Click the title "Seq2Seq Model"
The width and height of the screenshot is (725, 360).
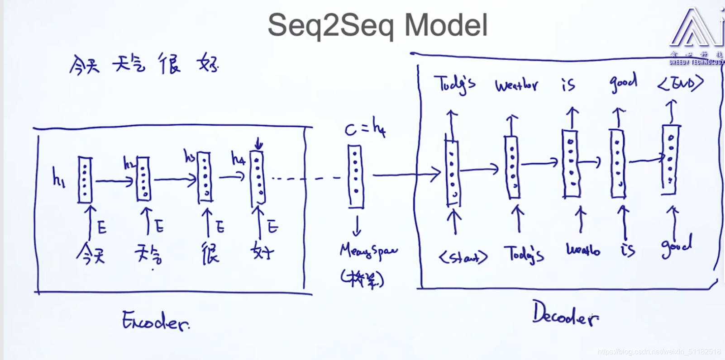[x=377, y=25]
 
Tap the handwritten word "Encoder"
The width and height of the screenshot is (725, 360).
[x=155, y=321]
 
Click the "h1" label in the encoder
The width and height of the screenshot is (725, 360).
[x=58, y=177]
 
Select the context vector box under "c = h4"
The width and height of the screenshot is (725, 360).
[x=355, y=176]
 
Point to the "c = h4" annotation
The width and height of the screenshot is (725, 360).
[x=365, y=128]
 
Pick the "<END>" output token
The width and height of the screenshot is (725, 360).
[x=681, y=83]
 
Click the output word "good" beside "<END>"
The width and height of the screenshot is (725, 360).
[x=623, y=82]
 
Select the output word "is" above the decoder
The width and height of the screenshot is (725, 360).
[x=568, y=84]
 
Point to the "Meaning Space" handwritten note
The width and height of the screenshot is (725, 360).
[x=368, y=251]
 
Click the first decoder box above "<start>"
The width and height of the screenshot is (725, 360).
[x=452, y=172]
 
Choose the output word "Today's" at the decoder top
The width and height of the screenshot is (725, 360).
[x=454, y=84]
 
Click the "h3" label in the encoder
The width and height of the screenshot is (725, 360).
[x=189, y=156]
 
